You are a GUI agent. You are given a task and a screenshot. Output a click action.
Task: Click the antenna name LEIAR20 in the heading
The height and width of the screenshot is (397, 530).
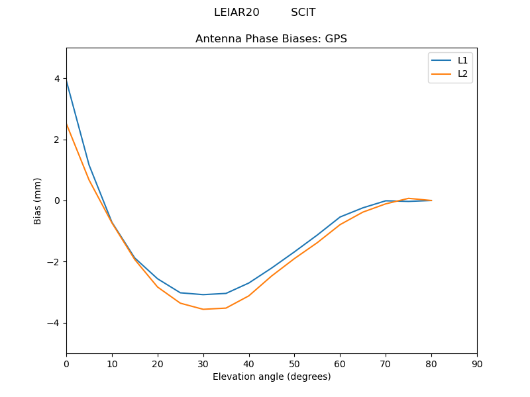[237, 13]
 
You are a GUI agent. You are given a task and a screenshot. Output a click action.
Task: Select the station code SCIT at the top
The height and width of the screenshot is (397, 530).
[303, 13]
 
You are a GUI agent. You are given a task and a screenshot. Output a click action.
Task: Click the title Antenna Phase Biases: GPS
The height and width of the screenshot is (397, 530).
[271, 39]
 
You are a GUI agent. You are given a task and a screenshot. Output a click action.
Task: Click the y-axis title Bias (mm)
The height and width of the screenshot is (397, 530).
[38, 200]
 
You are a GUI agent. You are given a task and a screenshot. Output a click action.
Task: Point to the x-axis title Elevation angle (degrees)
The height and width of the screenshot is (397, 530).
[271, 377]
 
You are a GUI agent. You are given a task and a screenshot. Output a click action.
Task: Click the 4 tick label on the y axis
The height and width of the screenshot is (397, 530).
[57, 79]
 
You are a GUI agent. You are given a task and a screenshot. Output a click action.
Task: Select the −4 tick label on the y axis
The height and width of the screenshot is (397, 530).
[54, 323]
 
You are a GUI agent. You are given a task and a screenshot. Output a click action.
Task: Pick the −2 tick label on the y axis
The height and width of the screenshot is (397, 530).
[54, 262]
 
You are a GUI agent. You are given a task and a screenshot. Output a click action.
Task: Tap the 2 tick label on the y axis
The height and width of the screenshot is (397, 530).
[57, 140]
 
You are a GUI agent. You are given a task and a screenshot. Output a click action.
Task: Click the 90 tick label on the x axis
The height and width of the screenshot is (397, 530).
[476, 364]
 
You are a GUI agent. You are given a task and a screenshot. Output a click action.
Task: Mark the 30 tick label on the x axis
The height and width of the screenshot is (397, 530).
[203, 364]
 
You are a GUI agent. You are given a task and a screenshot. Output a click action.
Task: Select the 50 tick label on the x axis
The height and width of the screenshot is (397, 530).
[294, 364]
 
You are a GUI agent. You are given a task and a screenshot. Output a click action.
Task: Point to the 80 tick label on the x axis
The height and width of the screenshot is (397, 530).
[431, 364]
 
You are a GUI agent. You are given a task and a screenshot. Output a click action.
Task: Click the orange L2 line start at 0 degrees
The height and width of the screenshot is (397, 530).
[67, 124]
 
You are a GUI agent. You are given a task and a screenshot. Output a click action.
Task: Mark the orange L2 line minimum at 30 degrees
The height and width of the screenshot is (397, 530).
[203, 309]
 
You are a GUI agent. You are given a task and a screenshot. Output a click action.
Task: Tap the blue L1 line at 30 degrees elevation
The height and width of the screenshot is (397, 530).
[203, 294]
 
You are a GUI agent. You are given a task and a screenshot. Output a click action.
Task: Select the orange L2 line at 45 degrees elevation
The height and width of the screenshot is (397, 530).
[272, 276]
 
